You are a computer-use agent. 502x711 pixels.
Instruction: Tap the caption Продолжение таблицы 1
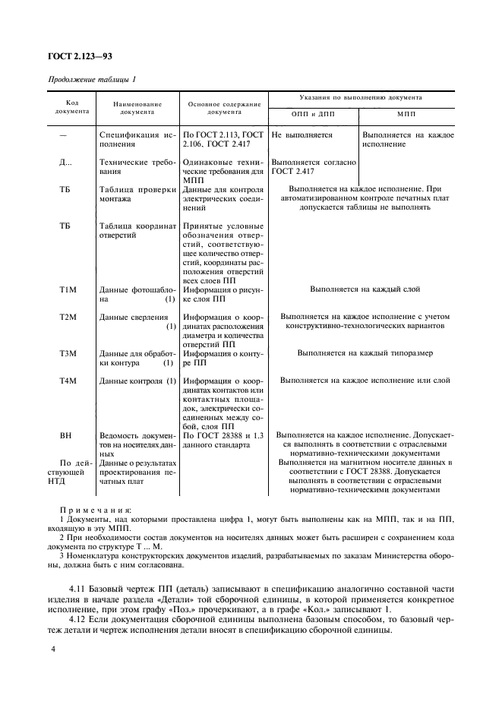point(92,80)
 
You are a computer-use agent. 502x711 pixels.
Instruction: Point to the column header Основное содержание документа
point(223,106)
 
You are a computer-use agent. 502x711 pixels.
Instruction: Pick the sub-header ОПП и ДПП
point(313,112)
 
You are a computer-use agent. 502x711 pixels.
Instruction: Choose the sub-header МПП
point(406,112)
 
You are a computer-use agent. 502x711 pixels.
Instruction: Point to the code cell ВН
point(65,436)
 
